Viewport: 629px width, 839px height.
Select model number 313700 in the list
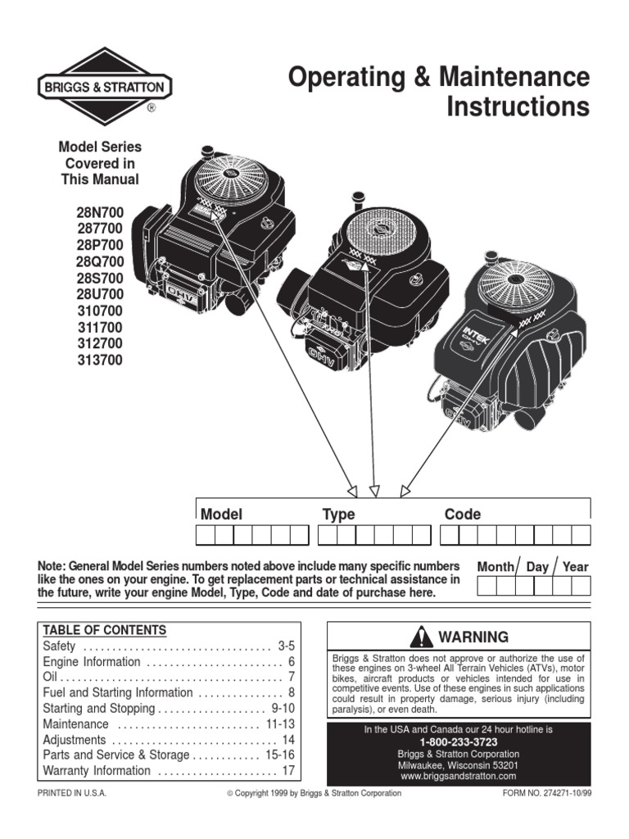[100, 360]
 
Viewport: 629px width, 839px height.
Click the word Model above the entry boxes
[221, 515]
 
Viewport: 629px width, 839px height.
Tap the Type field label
[338, 515]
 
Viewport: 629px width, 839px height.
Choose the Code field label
[462, 515]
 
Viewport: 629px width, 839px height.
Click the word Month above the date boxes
[495, 566]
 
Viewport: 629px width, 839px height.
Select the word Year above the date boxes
[575, 566]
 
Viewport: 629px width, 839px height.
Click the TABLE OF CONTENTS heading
[104, 630]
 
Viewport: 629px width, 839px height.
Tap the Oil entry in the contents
[50, 678]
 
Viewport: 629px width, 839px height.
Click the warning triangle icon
[422, 637]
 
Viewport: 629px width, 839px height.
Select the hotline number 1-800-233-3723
[458, 741]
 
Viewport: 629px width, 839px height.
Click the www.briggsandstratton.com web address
[458, 775]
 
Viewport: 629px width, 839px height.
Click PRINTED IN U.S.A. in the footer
[73, 794]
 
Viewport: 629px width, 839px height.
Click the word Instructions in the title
[518, 107]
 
